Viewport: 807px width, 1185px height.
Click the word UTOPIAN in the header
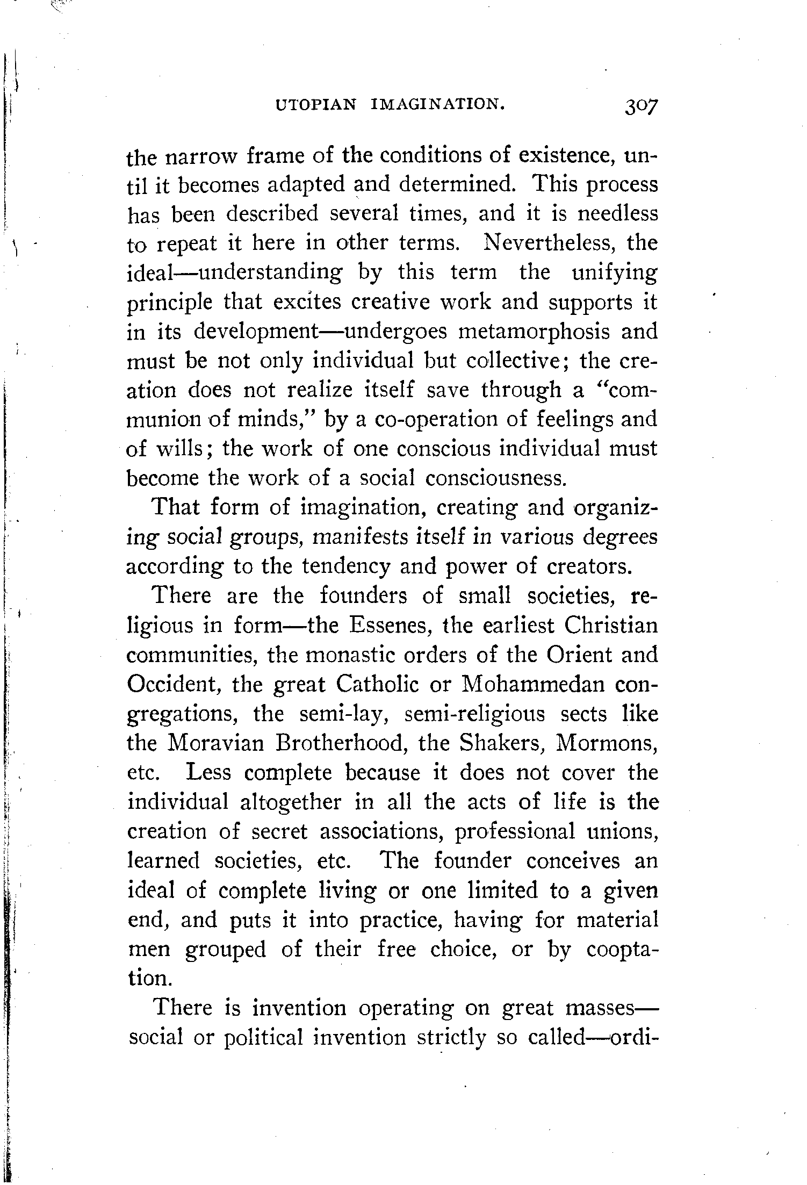[x=316, y=105]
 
